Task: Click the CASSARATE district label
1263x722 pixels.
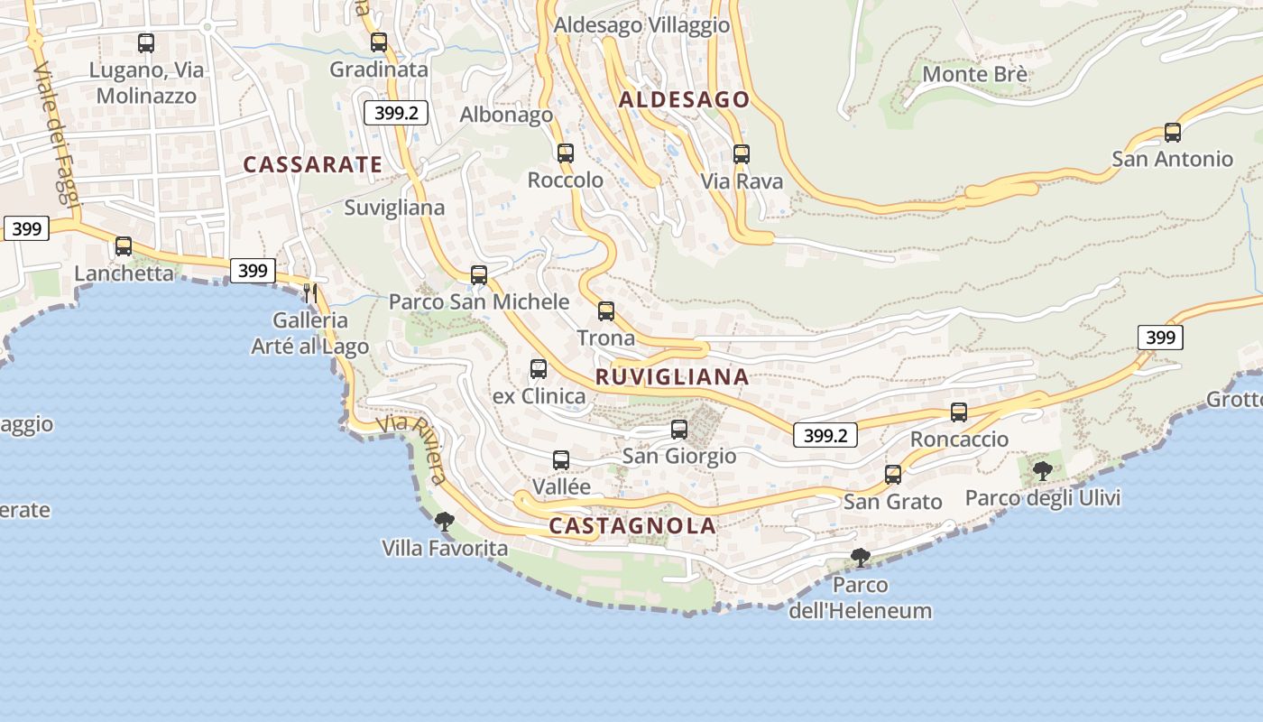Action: click(312, 164)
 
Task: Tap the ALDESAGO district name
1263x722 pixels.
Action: click(684, 99)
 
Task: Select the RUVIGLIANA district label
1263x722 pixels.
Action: click(672, 377)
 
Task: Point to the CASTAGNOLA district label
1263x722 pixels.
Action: click(632, 525)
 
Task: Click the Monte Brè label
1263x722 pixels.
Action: click(974, 74)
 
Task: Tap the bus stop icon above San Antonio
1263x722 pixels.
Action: click(1172, 133)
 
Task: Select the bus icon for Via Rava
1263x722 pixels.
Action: click(741, 154)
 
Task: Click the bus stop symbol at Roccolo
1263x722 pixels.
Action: click(566, 153)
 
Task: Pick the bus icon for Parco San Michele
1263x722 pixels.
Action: click(479, 275)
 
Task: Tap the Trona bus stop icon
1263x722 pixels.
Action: click(606, 311)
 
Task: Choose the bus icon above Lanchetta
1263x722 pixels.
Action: click(124, 246)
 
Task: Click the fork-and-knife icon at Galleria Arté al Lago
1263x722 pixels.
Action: click(310, 293)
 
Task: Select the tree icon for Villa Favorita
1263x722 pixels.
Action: click(444, 521)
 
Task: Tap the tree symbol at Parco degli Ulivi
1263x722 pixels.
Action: click(1042, 470)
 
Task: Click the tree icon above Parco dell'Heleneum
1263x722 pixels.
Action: click(860, 557)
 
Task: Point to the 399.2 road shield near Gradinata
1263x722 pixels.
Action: click(395, 113)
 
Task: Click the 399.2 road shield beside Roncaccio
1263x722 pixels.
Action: click(825, 435)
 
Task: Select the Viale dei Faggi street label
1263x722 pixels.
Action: click(57, 135)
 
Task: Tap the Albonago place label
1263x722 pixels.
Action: click(506, 115)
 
